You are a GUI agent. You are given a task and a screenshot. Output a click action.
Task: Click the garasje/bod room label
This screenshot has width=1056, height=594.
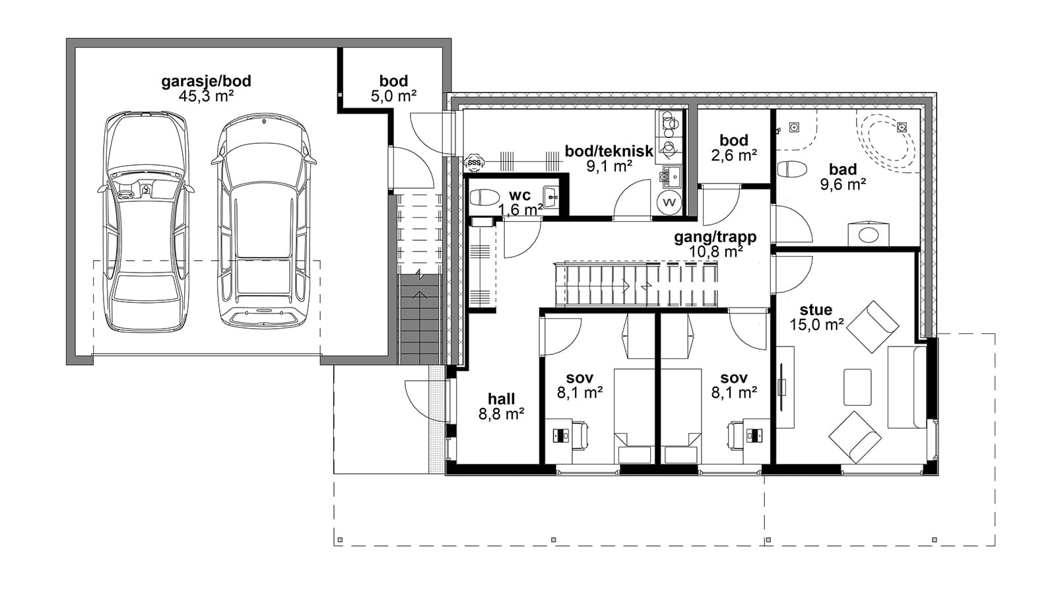click(206, 81)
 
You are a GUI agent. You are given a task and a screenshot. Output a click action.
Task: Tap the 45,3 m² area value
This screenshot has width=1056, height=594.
click(206, 96)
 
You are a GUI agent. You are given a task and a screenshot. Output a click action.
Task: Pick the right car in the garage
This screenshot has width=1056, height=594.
click(263, 220)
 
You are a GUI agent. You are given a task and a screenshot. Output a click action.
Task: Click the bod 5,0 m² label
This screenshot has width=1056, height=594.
click(393, 88)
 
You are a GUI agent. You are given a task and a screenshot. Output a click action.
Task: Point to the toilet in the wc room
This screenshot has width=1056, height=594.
click(484, 197)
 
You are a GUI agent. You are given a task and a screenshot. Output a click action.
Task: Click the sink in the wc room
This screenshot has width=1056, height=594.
click(550, 197)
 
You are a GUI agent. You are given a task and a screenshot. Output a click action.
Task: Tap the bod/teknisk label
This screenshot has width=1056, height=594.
click(609, 151)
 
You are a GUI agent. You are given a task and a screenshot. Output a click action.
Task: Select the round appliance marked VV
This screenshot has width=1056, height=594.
click(669, 202)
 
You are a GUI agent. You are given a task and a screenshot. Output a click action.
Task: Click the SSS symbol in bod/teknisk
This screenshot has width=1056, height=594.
click(474, 162)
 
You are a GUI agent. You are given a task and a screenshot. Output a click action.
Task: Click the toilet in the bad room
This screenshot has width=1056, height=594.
click(793, 169)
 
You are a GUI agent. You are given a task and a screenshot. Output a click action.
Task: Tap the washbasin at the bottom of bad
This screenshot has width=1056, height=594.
click(869, 234)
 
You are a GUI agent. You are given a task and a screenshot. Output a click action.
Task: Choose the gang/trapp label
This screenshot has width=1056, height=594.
click(715, 237)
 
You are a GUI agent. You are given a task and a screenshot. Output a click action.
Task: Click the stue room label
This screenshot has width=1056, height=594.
click(816, 310)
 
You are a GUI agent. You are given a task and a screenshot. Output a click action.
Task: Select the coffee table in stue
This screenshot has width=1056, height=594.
click(857, 387)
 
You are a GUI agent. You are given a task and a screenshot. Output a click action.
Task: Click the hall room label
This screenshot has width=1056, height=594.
click(502, 399)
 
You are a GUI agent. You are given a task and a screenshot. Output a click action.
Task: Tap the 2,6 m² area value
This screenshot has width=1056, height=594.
click(734, 155)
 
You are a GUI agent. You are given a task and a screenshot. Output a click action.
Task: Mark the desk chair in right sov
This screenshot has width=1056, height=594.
click(736, 435)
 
